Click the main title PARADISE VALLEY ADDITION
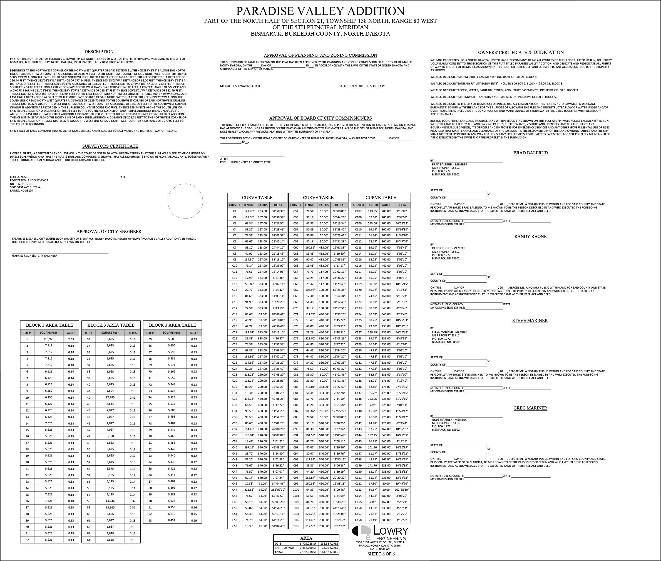(x=320, y=11)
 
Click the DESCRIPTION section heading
(x=99, y=51)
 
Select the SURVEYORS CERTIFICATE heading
(x=110, y=146)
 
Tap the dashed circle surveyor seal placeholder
(x=185, y=201)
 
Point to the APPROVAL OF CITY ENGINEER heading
(x=109, y=232)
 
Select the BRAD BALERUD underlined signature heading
(x=530, y=153)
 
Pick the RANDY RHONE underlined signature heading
(x=530, y=237)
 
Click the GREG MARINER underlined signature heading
(x=530, y=408)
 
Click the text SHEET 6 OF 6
(x=381, y=554)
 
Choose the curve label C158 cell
(x=358, y=520)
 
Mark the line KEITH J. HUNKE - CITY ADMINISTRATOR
(x=245, y=162)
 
